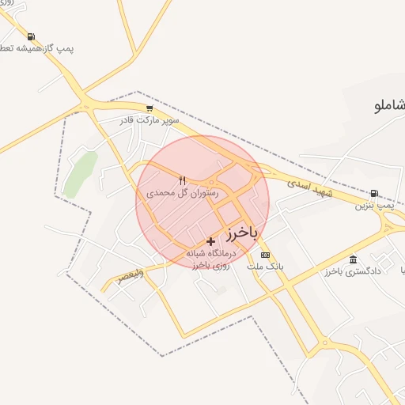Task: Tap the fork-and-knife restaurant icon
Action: (183, 180)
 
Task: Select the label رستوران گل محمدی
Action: (182, 192)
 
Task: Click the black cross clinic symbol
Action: (210, 240)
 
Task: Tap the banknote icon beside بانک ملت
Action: (265, 255)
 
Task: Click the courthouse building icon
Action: (352, 259)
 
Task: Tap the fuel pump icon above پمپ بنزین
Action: (373, 193)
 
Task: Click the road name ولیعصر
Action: (131, 277)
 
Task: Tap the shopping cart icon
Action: (150, 108)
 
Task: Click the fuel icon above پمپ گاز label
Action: (30, 36)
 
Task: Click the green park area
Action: (81, 173)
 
